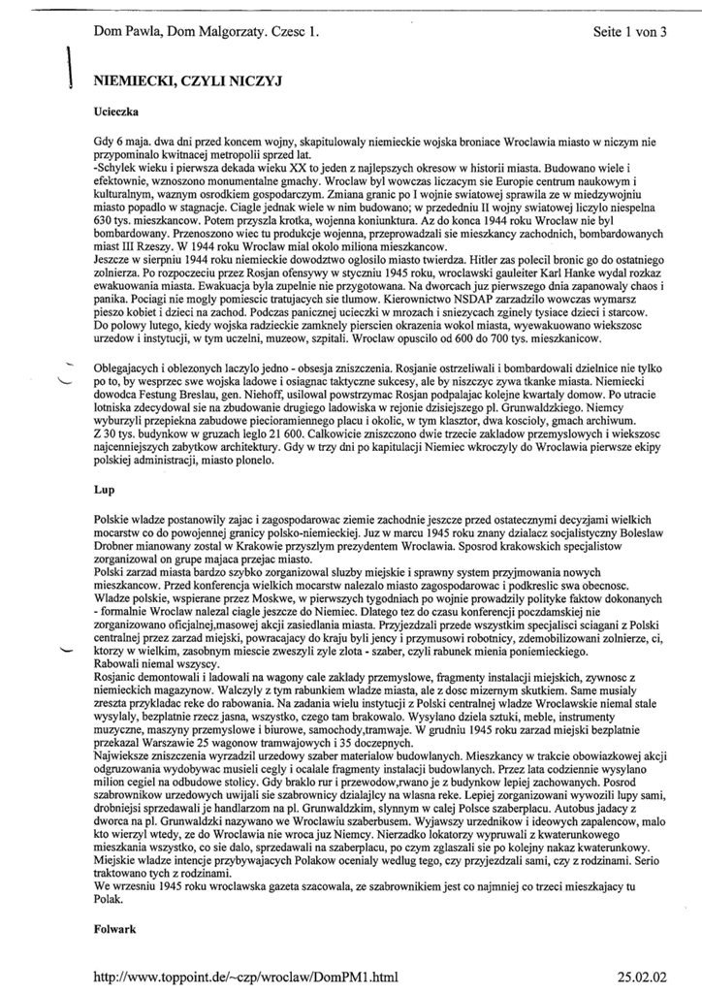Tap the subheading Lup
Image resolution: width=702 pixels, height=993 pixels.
coord(105,490)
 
